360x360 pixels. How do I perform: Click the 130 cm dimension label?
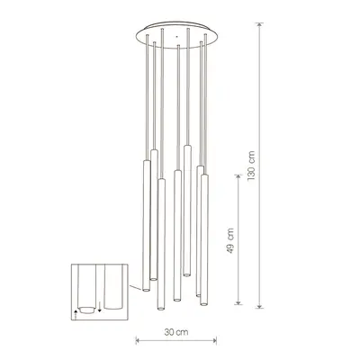(251, 166)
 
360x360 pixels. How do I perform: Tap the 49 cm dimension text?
(230, 241)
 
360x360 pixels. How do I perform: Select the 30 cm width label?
(176, 332)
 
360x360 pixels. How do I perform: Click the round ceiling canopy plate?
(176, 33)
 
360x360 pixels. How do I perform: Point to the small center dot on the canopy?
(176, 37)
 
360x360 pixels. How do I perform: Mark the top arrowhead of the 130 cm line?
(260, 24)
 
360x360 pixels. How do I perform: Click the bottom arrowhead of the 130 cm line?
(260, 306)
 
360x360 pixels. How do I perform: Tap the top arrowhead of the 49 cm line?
(238, 177)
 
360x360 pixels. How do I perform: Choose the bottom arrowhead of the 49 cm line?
(238, 302)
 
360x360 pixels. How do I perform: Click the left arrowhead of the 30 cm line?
(138, 340)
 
